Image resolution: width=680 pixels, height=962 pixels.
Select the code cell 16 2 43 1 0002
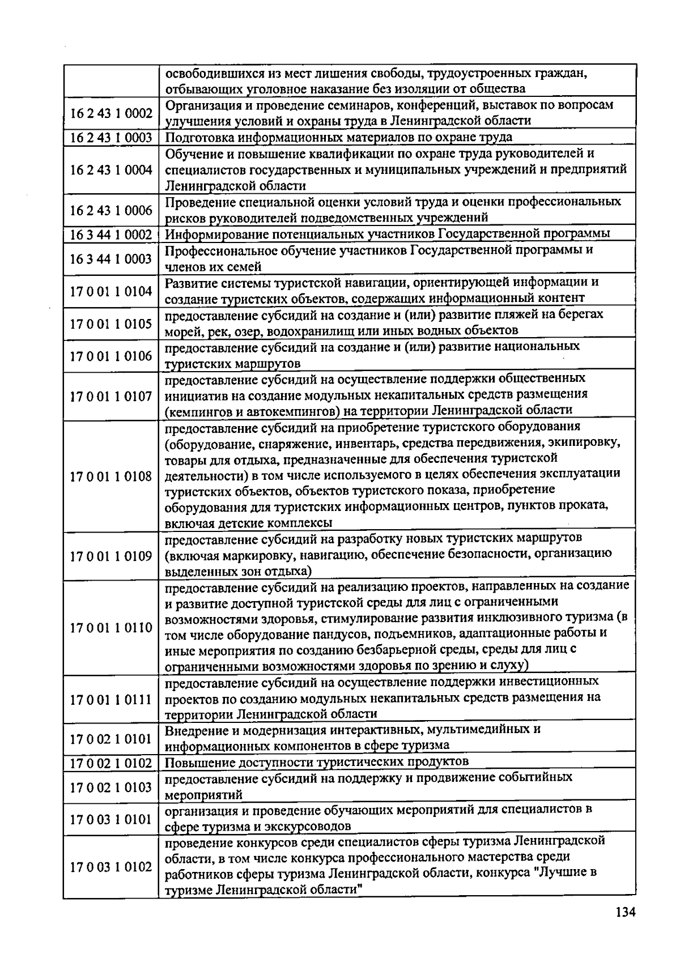point(111,113)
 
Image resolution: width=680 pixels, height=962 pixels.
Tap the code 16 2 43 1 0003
point(111,138)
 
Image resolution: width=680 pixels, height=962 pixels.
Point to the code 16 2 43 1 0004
point(111,170)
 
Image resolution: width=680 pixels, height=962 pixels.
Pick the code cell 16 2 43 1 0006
point(111,210)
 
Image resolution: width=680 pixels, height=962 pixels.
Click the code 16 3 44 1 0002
point(111,235)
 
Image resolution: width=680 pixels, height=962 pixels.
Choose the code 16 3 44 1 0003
point(111,259)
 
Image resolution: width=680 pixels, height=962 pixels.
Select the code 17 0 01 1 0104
point(111,291)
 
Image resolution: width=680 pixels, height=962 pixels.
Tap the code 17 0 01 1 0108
point(111,476)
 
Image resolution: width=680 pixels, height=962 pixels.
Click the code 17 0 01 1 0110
point(111,628)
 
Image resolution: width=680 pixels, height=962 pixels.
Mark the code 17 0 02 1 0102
point(111,763)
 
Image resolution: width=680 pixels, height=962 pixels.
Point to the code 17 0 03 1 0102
point(111,867)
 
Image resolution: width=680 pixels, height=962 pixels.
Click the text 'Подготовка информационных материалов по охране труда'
point(338,138)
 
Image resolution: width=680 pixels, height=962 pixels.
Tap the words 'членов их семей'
point(212,267)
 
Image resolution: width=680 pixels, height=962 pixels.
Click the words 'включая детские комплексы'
point(248,523)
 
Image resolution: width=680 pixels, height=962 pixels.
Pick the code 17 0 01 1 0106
point(111,356)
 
